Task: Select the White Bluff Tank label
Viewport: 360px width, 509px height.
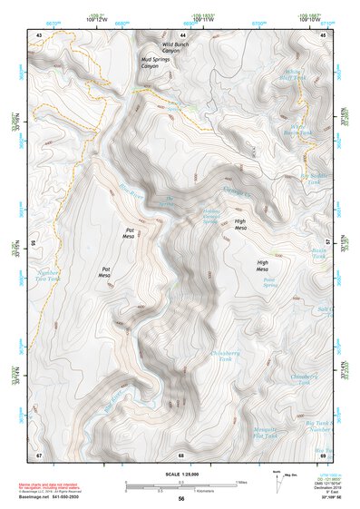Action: click(296, 74)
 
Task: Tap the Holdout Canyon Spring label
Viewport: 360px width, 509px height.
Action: click(212, 218)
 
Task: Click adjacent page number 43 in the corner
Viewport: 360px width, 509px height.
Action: click(39, 34)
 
